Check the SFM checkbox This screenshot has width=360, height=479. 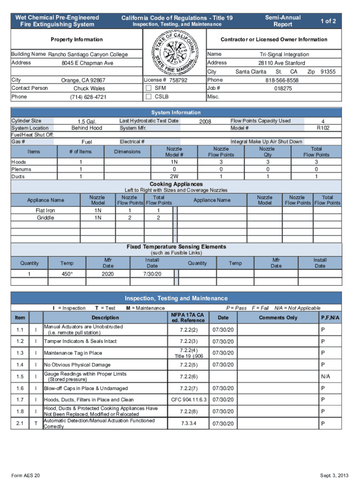(148, 88)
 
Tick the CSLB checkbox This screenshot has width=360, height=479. (148, 97)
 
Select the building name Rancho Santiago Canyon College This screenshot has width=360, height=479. (88, 55)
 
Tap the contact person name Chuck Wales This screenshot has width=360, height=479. (89, 88)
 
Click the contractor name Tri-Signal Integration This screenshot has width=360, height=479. (284, 55)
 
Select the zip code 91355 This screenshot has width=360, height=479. (328, 72)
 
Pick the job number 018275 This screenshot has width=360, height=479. (283, 88)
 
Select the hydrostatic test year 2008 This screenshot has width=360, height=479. (205, 122)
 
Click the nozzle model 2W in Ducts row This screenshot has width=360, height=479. (174, 177)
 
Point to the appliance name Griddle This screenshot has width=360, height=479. (45, 218)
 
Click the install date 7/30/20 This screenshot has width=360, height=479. (152, 274)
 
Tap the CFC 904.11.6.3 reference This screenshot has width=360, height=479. (188, 400)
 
